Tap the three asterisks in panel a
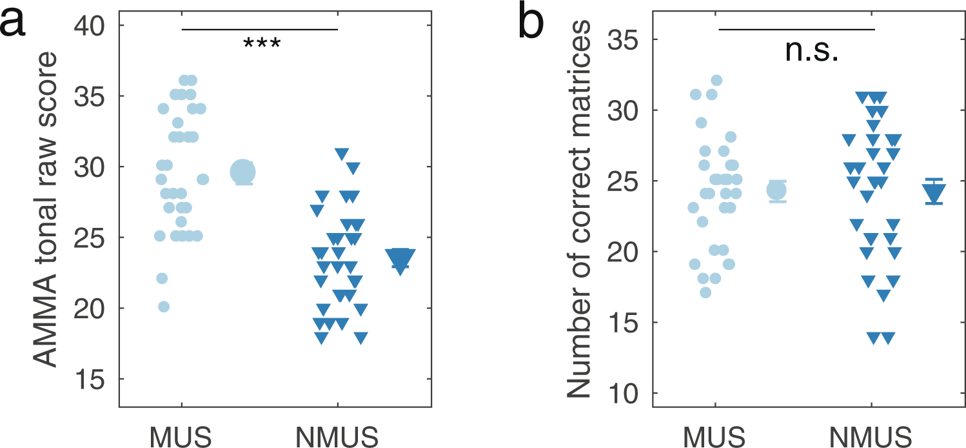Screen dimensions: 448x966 (261, 45)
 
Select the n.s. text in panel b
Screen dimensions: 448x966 (811, 51)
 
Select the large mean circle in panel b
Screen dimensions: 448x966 (777, 190)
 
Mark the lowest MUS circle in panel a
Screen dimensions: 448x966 (164, 307)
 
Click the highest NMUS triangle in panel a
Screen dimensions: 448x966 (342, 154)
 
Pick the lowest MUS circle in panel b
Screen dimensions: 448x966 (705, 292)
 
